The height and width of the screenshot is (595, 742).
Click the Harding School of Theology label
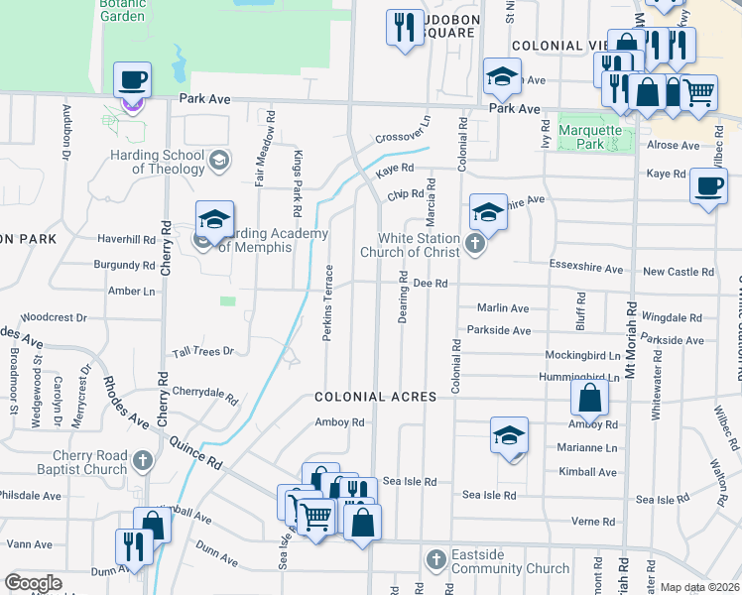tap(154, 162)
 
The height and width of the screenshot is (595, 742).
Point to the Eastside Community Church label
tap(510, 562)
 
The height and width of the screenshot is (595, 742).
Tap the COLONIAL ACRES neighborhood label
tap(375, 397)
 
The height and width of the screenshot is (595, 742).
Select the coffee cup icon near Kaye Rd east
tap(707, 188)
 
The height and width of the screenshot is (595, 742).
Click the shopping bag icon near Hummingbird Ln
tap(589, 399)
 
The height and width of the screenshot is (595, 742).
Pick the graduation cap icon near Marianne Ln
tap(509, 436)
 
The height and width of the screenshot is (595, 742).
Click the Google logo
tap(33, 583)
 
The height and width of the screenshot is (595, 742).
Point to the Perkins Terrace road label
tap(328, 301)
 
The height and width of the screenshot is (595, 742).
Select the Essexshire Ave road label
tap(586, 269)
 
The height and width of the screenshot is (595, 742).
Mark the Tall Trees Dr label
tap(202, 352)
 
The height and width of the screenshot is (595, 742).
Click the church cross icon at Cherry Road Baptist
tap(143, 459)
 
